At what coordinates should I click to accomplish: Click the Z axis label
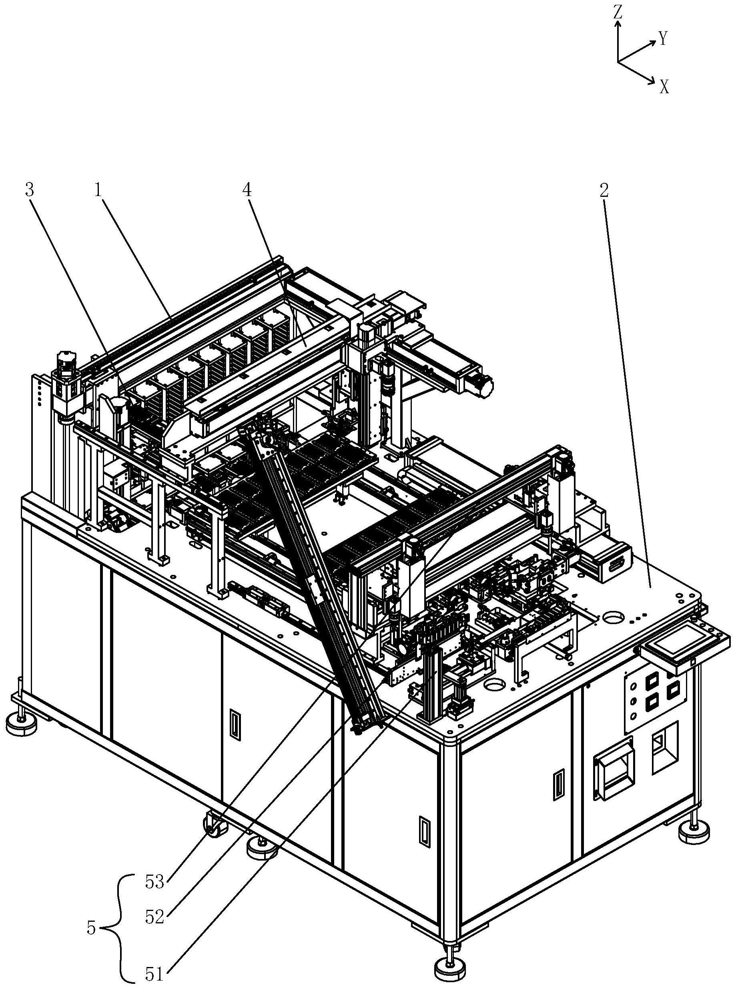(617, 13)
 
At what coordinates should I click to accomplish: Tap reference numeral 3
(29, 190)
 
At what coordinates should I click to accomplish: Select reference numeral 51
(155, 974)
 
